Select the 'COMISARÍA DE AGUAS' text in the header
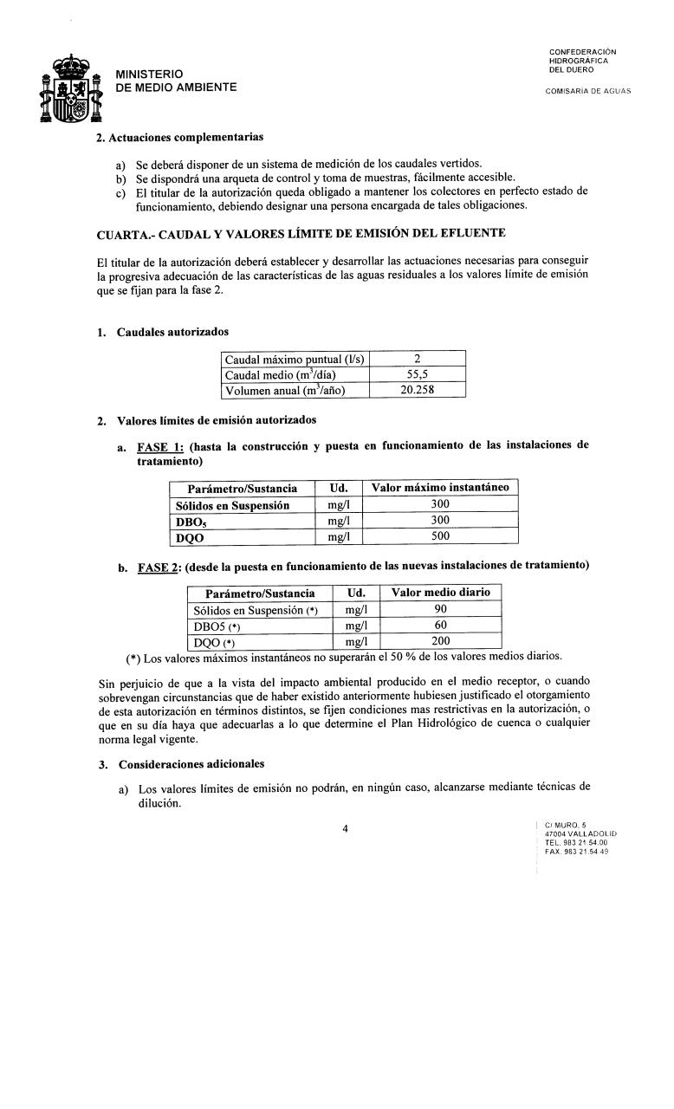coord(588,91)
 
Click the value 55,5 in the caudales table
coord(418,374)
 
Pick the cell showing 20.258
coord(418,390)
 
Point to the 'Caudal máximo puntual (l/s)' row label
coord(295,359)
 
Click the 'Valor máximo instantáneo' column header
coord(440,488)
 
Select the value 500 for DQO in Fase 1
coord(440,536)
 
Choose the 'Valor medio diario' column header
coord(441,593)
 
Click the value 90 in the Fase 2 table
coord(441,609)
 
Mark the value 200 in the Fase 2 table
coord(441,642)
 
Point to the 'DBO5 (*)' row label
coord(218,626)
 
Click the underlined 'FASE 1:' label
coord(160,445)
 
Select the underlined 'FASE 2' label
coord(158,566)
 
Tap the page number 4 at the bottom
coord(345,828)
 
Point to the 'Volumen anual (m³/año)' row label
coord(285,390)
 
